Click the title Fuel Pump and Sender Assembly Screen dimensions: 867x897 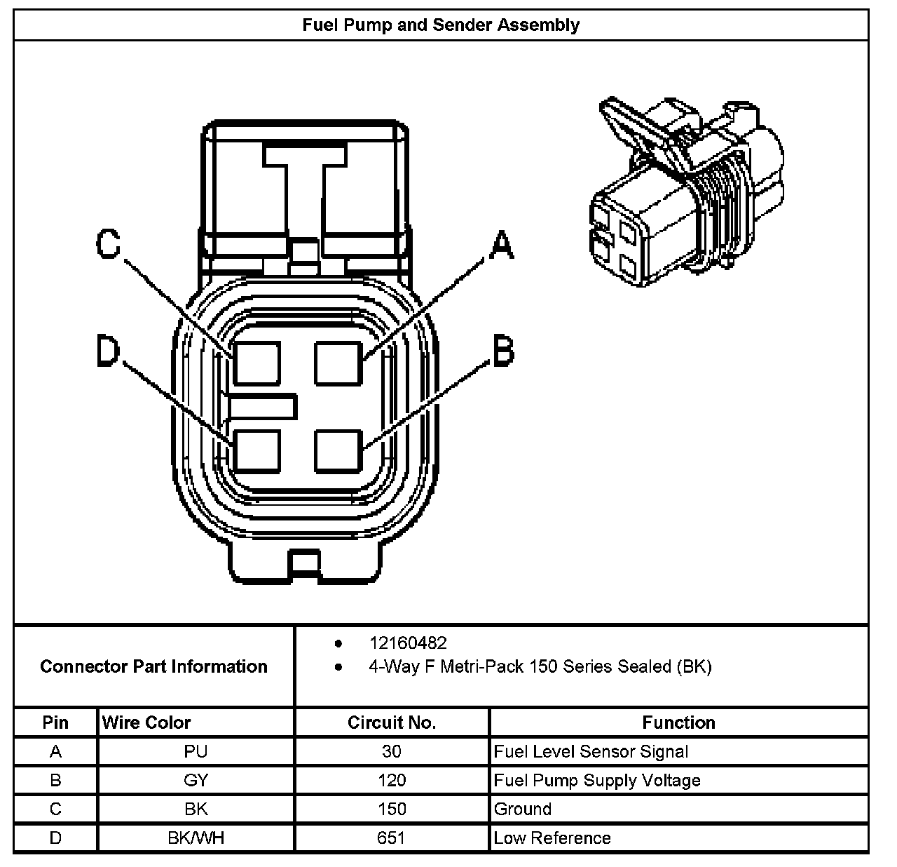(x=441, y=25)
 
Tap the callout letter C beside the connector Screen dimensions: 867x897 (x=109, y=244)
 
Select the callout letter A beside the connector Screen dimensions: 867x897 (x=500, y=245)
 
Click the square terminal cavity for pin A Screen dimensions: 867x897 (x=338, y=363)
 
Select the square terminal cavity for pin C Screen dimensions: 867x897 (x=257, y=363)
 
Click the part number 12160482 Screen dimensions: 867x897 (x=408, y=643)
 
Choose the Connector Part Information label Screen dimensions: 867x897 (x=153, y=666)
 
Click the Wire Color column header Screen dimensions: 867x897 (x=146, y=722)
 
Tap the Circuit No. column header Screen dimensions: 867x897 (x=392, y=722)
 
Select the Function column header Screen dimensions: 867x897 (x=678, y=722)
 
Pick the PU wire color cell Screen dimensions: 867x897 (x=196, y=752)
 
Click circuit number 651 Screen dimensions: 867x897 (x=392, y=838)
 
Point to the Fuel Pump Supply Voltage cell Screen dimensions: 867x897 (x=597, y=781)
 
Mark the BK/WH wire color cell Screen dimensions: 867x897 (x=196, y=838)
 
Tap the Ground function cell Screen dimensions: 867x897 (x=523, y=809)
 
